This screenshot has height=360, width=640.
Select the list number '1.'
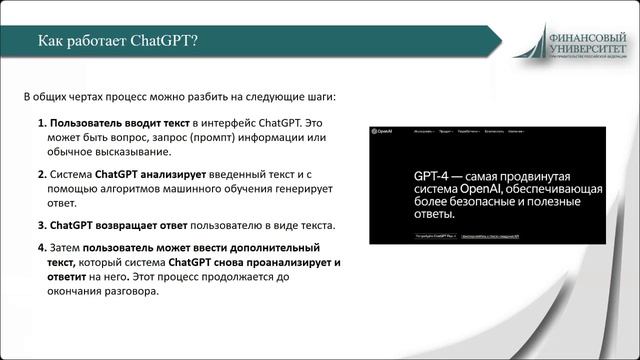point(43,122)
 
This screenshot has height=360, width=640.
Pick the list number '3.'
point(43,225)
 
